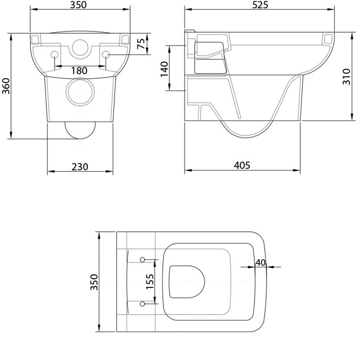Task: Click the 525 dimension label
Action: (x=260, y=5)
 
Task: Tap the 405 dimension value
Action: (x=242, y=165)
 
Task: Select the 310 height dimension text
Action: (x=346, y=76)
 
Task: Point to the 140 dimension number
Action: (x=164, y=69)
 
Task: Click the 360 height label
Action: (x=6, y=86)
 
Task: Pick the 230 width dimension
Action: (x=80, y=167)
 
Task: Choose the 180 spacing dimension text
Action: (x=79, y=71)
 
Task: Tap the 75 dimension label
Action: (x=141, y=44)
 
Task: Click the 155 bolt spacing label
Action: (x=150, y=282)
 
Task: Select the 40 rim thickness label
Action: (x=261, y=262)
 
